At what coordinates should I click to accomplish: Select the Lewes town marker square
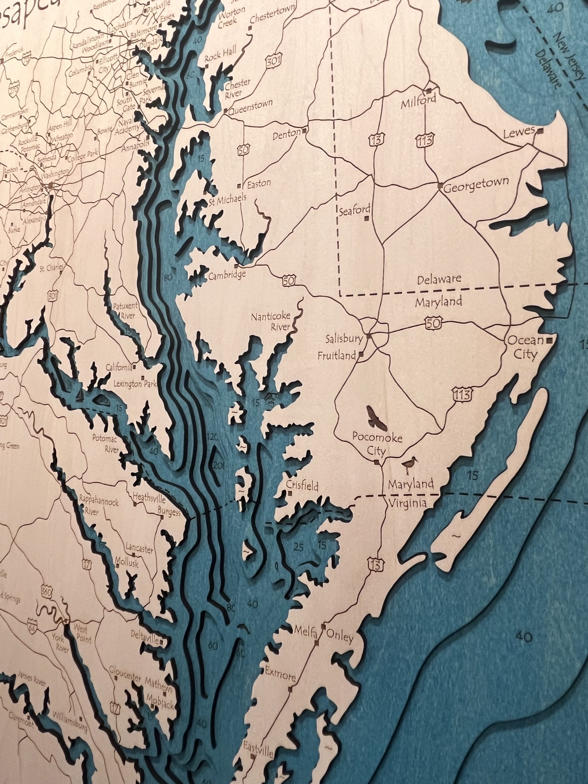pyautogui.click(x=540, y=131)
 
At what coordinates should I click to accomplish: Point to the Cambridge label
pyautogui.click(x=227, y=275)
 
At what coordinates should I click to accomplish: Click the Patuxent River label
pyautogui.click(x=125, y=310)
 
